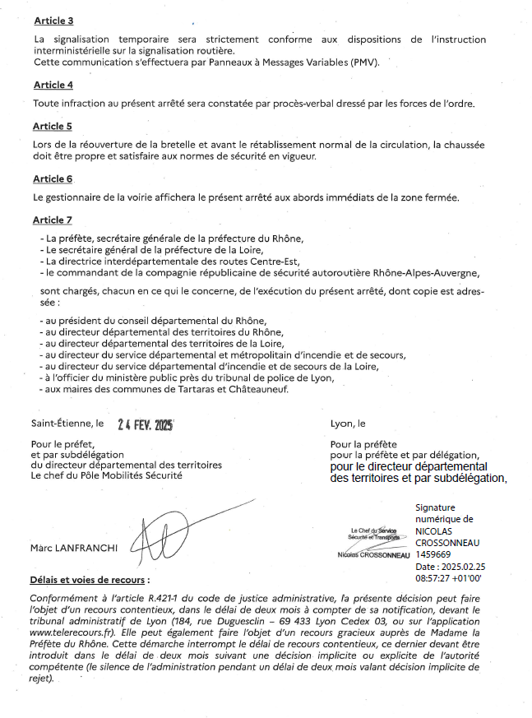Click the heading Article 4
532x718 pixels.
click(x=53, y=85)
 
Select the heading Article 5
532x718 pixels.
click(x=53, y=127)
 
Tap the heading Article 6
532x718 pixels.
click(x=53, y=178)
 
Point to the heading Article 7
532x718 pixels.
click(x=53, y=220)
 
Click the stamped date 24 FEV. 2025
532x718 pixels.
click(x=146, y=425)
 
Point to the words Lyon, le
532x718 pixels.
click(x=347, y=424)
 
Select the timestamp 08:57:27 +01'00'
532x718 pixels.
click(x=448, y=579)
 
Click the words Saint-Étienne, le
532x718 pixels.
click(x=67, y=425)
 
